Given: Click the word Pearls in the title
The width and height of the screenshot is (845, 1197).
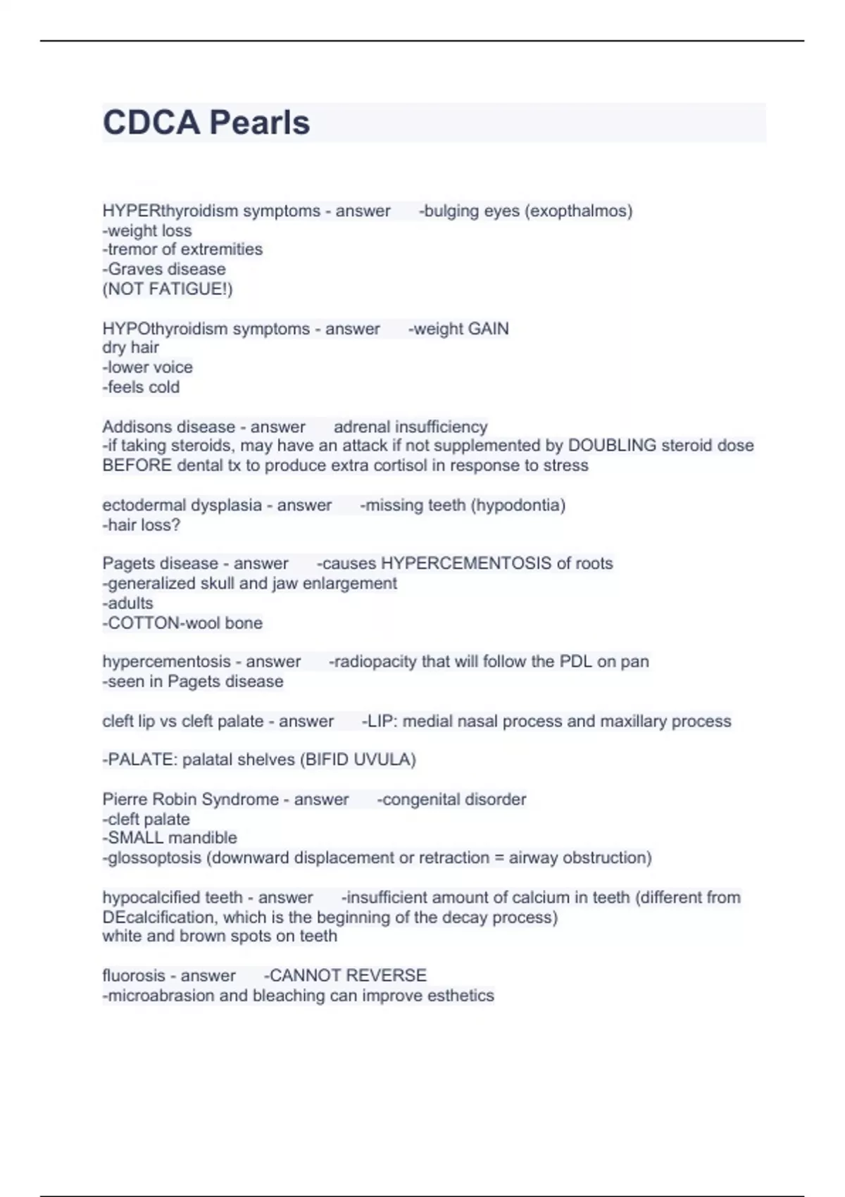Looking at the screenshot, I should coord(259,123).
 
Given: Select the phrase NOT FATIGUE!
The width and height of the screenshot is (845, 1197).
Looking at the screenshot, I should coord(168,289).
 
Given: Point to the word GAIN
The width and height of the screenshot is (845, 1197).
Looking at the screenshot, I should coord(488,329).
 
